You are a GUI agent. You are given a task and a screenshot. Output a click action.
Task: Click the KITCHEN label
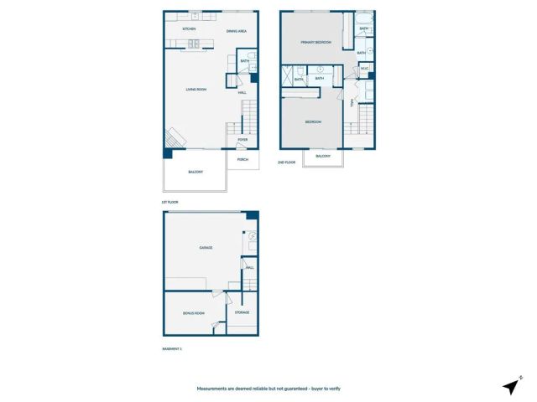tap(190, 30)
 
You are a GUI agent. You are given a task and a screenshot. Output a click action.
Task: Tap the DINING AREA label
tap(236, 31)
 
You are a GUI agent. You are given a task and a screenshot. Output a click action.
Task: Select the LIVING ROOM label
tap(196, 88)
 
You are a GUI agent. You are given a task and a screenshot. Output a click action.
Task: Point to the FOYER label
tap(242, 140)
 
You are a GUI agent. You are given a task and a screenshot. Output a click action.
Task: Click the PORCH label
tap(242, 159)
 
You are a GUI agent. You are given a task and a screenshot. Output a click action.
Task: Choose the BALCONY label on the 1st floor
tap(196, 172)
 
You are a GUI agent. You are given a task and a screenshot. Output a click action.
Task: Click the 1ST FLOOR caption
tap(169, 203)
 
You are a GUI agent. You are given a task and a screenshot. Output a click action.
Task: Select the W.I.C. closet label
tap(365, 91)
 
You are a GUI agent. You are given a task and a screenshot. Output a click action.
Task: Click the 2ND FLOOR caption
tap(287, 162)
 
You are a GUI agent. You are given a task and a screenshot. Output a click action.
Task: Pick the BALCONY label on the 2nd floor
tap(323, 157)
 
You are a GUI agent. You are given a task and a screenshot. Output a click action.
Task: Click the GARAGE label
tap(205, 248)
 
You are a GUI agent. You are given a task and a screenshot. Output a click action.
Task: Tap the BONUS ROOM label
tap(194, 313)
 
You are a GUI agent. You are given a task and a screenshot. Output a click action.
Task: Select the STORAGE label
tap(242, 312)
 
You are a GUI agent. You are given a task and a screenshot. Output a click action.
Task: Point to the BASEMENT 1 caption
tap(171, 347)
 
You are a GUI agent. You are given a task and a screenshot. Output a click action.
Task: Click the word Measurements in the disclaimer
tap(215, 389)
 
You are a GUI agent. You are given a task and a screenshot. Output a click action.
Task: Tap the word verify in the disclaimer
tap(334, 389)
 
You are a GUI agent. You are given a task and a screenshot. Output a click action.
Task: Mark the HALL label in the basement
tap(249, 268)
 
